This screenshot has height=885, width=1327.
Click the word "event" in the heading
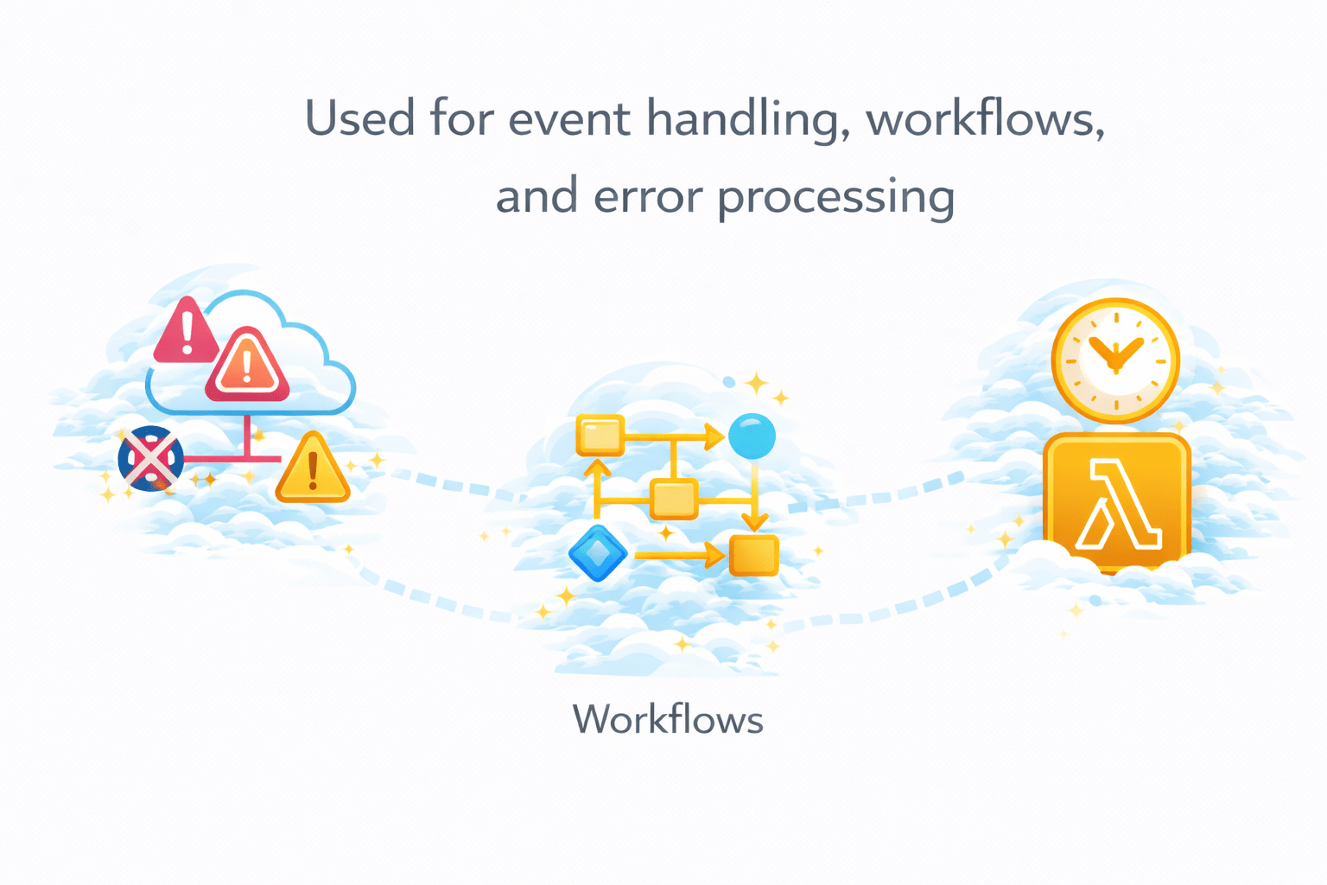click(x=569, y=118)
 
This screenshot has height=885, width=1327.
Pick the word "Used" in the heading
click(x=359, y=118)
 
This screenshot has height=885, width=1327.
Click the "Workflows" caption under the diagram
click(x=668, y=719)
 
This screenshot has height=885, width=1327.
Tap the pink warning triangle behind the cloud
click(x=185, y=333)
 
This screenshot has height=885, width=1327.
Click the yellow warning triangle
click(x=313, y=471)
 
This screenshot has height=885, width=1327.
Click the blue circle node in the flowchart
click(x=752, y=436)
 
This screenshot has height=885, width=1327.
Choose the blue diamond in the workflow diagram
click(x=598, y=553)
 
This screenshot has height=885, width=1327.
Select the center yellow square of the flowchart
click(x=673, y=500)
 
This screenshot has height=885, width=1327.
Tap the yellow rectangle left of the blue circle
click(x=600, y=436)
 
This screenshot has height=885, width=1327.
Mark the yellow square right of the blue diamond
click(x=754, y=555)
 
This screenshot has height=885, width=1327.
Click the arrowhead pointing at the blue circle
click(x=714, y=436)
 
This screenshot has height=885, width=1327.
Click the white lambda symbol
click(x=1116, y=506)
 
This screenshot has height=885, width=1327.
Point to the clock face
click(x=1115, y=360)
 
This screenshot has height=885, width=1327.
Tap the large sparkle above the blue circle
click(x=757, y=383)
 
